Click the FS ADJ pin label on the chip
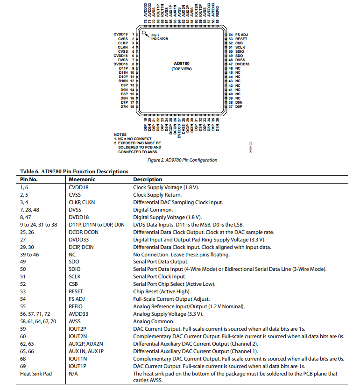click(x=241, y=35)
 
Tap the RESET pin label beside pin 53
click(x=241, y=39)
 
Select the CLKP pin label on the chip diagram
click(x=123, y=43)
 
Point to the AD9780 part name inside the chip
click(x=182, y=63)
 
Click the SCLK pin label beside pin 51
click(x=240, y=47)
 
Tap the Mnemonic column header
click(x=82, y=179)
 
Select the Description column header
click(x=148, y=179)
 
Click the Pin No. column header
click(x=28, y=179)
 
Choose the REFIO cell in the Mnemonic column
click(x=76, y=306)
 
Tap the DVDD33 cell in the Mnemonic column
click(x=78, y=240)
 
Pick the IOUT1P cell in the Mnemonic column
click(x=78, y=366)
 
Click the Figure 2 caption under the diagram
click(x=182, y=160)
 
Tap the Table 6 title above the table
click(x=74, y=171)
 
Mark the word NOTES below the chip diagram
click(x=120, y=135)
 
